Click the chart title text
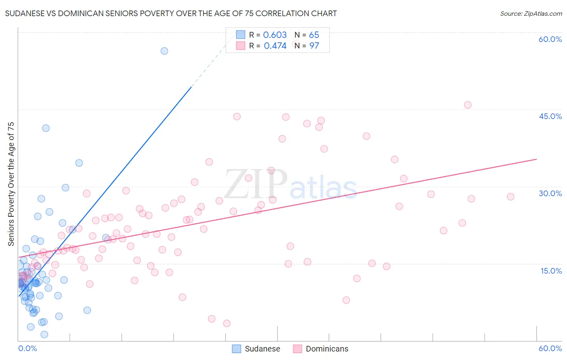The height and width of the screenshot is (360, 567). click(x=171, y=13)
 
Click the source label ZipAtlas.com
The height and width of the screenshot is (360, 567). click(x=531, y=13)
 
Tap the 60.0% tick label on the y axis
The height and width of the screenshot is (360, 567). click(x=550, y=39)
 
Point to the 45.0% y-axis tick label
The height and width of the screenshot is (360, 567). click(x=550, y=116)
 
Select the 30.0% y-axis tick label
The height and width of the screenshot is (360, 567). click(x=550, y=193)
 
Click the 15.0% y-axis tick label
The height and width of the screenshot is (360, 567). click(x=551, y=271)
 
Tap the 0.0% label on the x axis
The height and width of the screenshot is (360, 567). click(x=27, y=348)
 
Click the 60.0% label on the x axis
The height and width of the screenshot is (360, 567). click(x=550, y=348)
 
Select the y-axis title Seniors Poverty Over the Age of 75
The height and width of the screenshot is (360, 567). click(x=11, y=184)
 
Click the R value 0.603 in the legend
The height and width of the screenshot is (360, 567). click(x=275, y=35)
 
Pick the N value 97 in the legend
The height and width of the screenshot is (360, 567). click(x=314, y=46)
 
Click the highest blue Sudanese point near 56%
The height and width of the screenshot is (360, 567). click(x=164, y=51)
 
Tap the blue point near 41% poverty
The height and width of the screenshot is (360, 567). click(x=46, y=128)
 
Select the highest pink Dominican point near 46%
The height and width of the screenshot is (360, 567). click(x=468, y=105)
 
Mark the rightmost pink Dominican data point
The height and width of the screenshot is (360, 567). click(x=511, y=197)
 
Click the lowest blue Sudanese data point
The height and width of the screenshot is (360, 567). click(x=44, y=334)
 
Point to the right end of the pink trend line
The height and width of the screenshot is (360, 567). click(x=536, y=159)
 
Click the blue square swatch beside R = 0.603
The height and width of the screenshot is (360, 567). click(x=241, y=35)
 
